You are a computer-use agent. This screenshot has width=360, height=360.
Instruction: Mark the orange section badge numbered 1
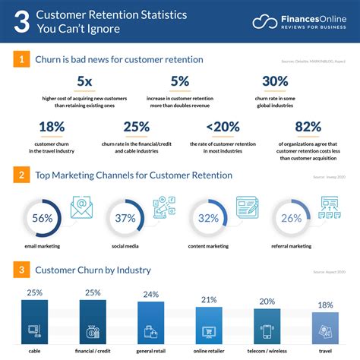[x=22, y=58]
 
